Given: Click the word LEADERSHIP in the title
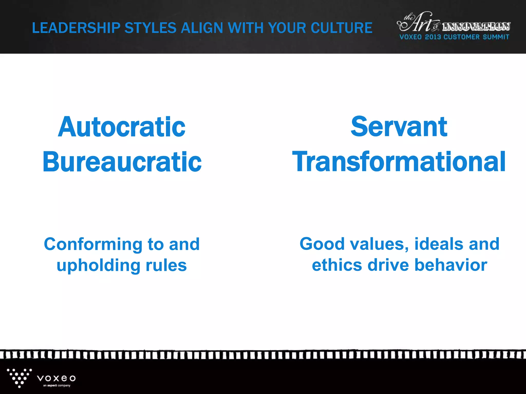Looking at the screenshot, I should tap(76, 28).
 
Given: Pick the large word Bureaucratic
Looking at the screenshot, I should tap(122, 162).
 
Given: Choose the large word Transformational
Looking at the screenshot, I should tap(399, 162).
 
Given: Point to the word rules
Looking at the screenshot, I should tap(166, 265).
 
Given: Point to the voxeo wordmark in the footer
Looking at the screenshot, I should tap(56, 378).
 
